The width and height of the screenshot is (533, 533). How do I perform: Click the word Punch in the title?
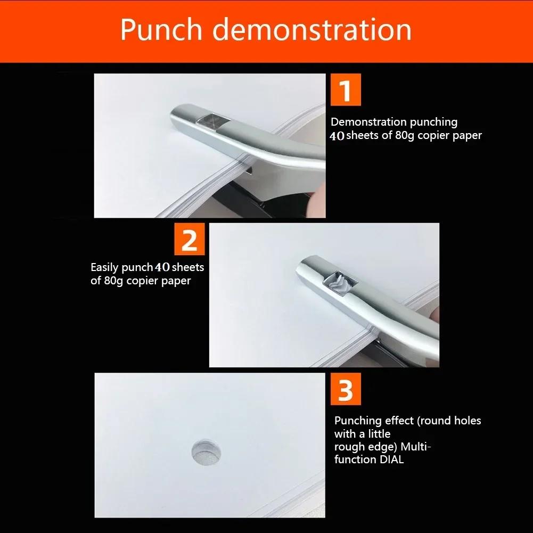[161, 30]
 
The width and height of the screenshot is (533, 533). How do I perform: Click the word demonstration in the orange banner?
[312, 30]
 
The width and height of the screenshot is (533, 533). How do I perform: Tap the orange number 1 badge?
[346, 90]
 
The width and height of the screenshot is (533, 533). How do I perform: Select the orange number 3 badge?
[346, 389]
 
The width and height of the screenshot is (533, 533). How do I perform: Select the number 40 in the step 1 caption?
[337, 136]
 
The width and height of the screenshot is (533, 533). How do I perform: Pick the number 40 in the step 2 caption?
[162, 267]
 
